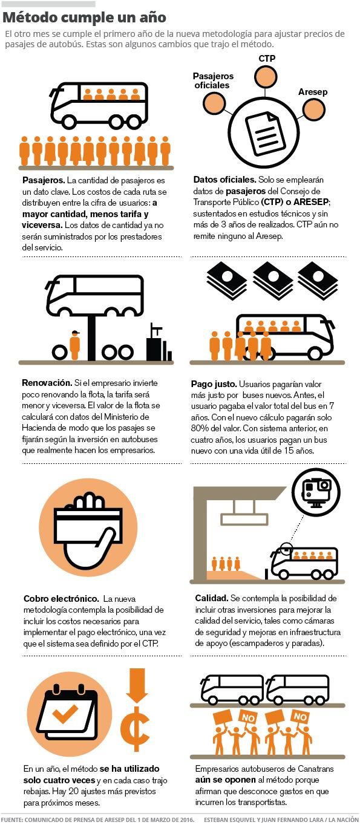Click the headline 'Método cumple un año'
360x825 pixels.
point(84,18)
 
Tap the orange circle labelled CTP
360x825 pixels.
point(265,77)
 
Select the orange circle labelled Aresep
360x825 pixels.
point(313,109)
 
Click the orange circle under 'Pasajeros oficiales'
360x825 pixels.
point(214,103)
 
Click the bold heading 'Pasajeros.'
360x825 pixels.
point(44,180)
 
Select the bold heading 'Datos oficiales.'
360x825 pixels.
point(224,180)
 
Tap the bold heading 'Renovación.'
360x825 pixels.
point(47,383)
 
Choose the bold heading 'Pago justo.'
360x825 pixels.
point(214,384)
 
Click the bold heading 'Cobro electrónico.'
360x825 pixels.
point(61,599)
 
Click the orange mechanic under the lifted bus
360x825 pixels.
point(75,345)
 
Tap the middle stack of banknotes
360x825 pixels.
point(273,280)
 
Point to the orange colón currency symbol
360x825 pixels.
point(136,728)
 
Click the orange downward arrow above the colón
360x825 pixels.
point(137,685)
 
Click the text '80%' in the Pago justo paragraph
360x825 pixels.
point(200,428)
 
